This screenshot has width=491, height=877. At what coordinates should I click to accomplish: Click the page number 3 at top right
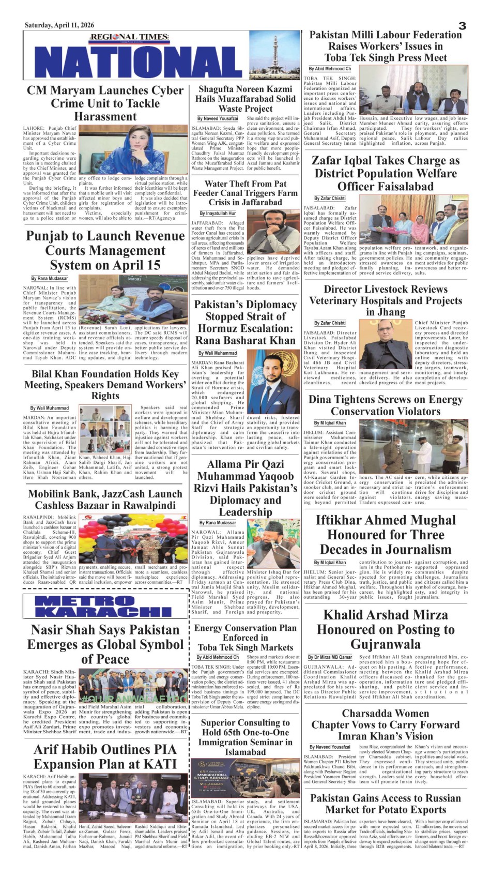(x=462, y=26)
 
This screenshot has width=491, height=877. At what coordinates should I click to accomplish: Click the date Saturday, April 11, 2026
(x=59, y=25)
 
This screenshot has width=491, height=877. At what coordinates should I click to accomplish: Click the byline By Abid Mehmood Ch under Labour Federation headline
(x=330, y=69)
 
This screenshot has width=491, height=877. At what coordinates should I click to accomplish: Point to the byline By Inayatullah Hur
(x=218, y=213)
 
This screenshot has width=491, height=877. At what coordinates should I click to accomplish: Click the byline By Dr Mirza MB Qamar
(x=330, y=657)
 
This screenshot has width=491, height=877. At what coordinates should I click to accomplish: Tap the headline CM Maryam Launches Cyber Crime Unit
(x=105, y=103)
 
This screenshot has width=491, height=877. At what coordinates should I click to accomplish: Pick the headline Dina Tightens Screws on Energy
(x=385, y=405)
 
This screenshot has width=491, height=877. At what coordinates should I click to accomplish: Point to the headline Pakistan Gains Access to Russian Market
(x=385, y=804)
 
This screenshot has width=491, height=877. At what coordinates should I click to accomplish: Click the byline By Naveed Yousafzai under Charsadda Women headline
(x=330, y=747)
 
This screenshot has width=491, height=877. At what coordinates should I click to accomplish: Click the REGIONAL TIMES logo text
(x=129, y=37)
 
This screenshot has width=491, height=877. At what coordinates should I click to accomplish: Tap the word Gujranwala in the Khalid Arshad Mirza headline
(x=385, y=644)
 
